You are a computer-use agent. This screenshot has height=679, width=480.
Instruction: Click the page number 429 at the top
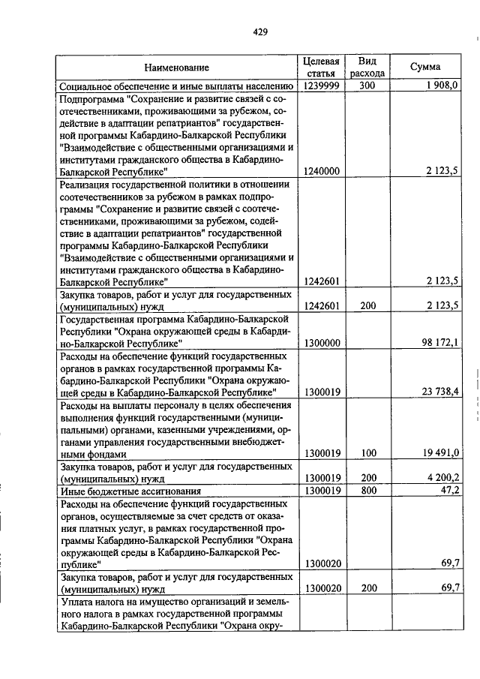click(260, 32)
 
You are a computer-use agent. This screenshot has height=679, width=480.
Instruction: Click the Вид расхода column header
click(367, 68)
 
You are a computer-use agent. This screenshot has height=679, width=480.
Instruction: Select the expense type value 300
click(367, 86)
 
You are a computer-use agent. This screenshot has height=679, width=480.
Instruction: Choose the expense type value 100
click(367, 453)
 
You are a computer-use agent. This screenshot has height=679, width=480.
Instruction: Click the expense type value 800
click(367, 490)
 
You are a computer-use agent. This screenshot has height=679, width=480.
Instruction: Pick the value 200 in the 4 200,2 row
click(367, 478)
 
